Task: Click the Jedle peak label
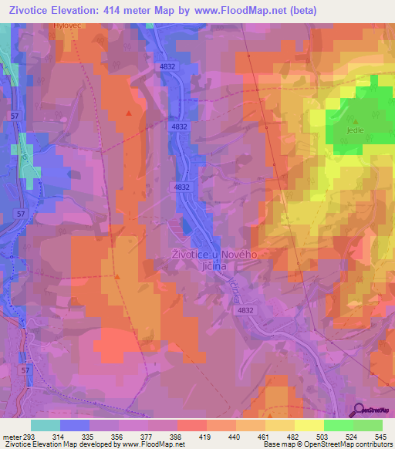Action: tap(356, 130)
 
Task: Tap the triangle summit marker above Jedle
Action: tap(356, 120)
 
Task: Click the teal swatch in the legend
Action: tap(46, 425)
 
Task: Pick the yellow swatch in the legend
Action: tap(309, 425)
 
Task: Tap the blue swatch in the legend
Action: tap(75, 425)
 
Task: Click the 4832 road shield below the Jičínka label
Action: tap(245, 310)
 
